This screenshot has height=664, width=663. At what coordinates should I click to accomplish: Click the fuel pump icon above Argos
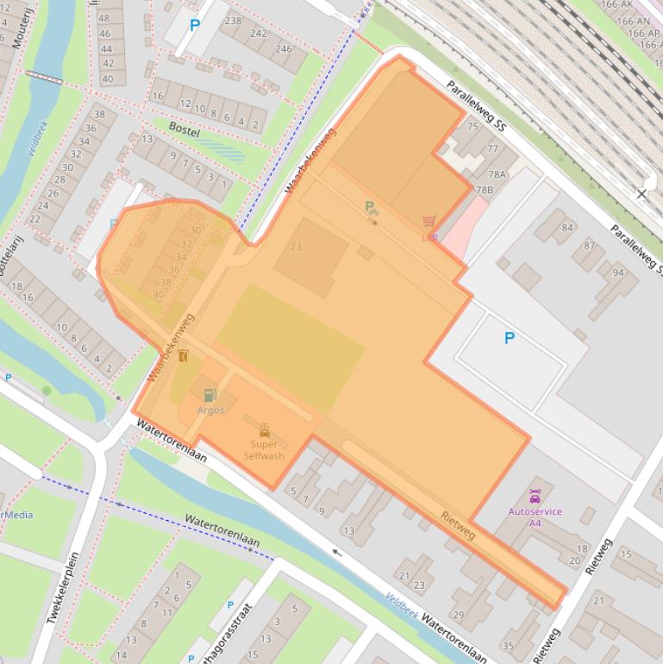tap(210, 396)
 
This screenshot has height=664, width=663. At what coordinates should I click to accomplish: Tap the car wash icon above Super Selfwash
tap(264, 430)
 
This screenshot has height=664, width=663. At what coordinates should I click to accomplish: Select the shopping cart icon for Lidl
tap(428, 222)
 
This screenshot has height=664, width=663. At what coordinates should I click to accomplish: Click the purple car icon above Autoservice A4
tap(535, 497)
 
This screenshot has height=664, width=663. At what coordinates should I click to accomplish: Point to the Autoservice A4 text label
tap(535, 517)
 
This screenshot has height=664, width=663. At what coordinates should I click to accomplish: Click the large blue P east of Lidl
tap(509, 338)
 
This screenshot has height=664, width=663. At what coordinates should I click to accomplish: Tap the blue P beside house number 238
tap(194, 26)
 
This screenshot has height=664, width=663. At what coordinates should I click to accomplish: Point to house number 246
tap(284, 48)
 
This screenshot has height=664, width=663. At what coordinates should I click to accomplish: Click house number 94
tap(618, 272)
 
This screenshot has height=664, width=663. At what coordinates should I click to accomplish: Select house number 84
tap(566, 228)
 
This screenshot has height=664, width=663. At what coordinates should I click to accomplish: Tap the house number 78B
tap(484, 190)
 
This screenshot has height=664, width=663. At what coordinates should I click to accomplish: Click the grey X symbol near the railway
tap(641, 194)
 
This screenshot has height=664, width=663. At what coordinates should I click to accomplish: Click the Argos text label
tap(210, 410)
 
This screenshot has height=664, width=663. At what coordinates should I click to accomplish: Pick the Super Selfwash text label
tap(264, 450)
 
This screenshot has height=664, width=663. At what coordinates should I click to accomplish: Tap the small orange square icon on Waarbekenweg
tap(183, 355)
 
